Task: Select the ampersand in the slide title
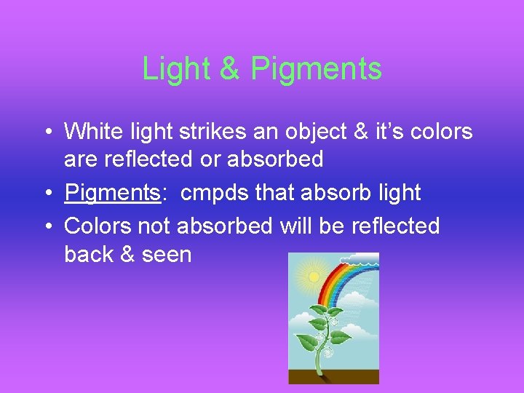pyautogui.click(x=229, y=68)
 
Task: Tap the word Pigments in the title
pyautogui.click(x=316, y=68)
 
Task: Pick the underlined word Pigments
pyautogui.click(x=113, y=193)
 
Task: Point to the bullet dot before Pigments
pyautogui.click(x=47, y=194)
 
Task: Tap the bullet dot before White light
pyautogui.click(x=47, y=132)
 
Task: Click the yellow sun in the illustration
pyautogui.click(x=314, y=277)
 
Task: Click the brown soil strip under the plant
pyautogui.click(x=333, y=376)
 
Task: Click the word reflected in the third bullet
pyautogui.click(x=395, y=226)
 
